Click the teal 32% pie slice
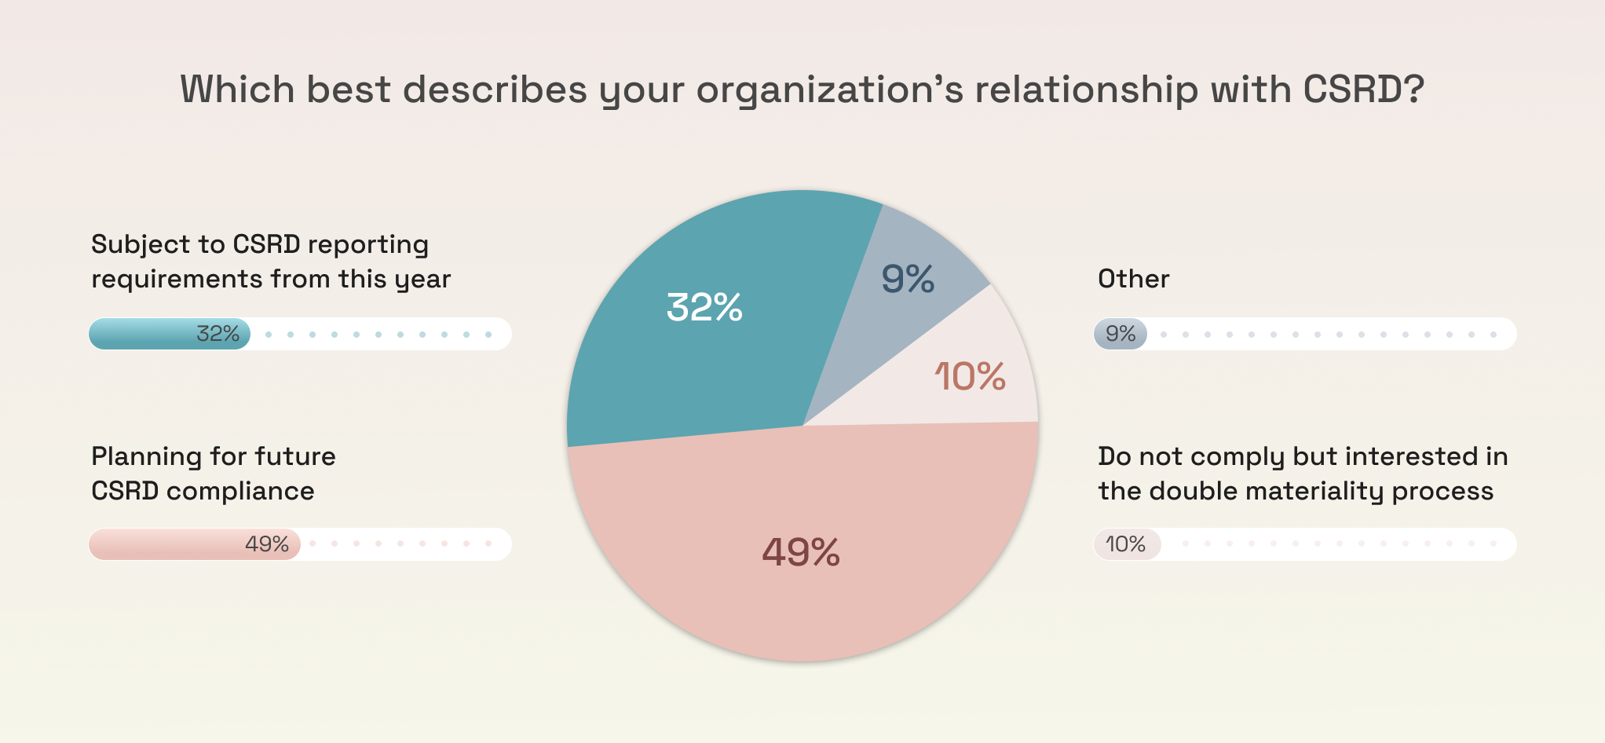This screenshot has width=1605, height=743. (691, 353)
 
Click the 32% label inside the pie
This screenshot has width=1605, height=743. (704, 307)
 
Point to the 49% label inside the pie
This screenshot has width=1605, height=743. (801, 552)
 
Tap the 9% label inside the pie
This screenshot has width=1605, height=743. (908, 279)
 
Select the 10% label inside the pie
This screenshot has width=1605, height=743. (970, 377)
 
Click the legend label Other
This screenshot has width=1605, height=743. (1133, 279)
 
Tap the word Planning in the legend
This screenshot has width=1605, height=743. (146, 457)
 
